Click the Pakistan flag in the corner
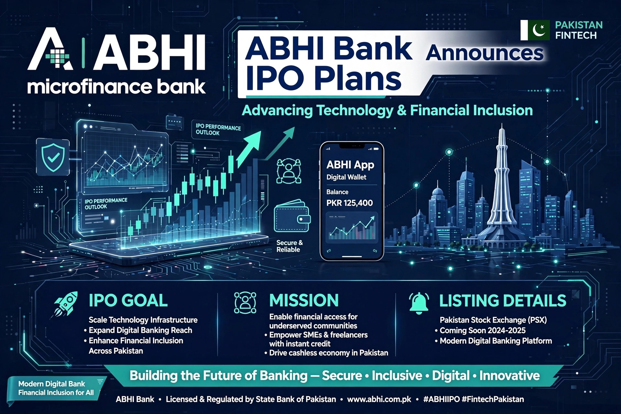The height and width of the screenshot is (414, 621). pos(535,30)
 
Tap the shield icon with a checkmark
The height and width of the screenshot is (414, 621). pos(53,157)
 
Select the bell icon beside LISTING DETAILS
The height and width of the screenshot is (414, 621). pos(419,303)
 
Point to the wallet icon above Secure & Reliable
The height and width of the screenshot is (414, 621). pos(292,216)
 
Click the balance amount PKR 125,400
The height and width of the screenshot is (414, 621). pos(349,203)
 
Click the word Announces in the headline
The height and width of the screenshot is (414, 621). pos(484,52)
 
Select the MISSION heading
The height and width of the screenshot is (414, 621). pos(304,300)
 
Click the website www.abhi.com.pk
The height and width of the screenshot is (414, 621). pos(379,399)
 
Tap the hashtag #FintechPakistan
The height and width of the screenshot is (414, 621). pos(493,399)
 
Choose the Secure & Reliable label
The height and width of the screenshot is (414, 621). pos(289,246)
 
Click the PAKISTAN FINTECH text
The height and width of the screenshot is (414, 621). pos(579,30)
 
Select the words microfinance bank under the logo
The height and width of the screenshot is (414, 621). pos(116,87)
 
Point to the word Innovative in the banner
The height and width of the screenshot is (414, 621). pos(509,376)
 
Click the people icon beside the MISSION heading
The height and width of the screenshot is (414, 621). pos(245,303)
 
